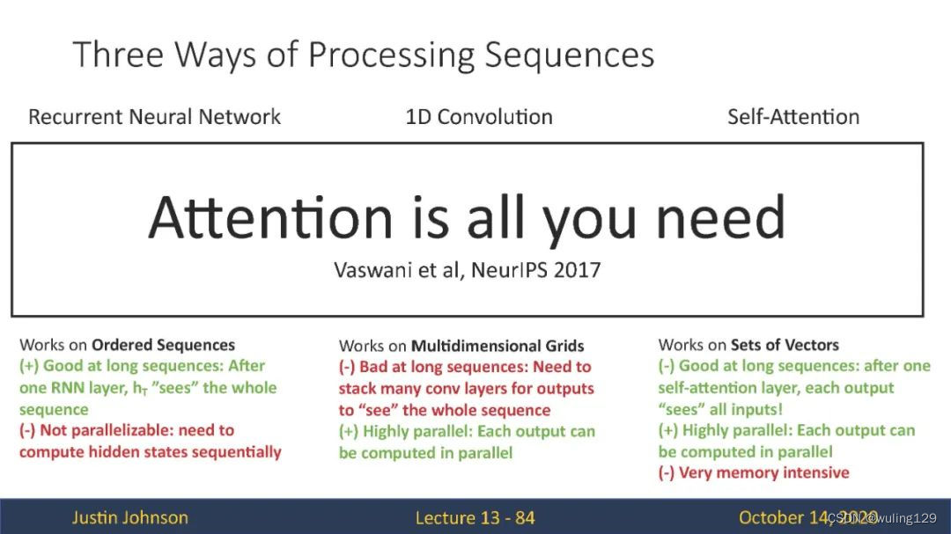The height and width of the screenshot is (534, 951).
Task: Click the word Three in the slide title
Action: coord(118,54)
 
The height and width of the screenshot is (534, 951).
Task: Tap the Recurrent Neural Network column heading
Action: coord(155,116)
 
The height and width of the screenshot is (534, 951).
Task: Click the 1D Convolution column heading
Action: coord(479,116)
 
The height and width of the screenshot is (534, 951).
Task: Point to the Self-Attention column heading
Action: coord(793,116)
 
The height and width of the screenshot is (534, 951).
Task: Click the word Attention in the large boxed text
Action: coord(270,217)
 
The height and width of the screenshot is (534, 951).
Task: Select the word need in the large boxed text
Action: coord(721,217)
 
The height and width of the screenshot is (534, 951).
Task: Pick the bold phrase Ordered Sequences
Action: coord(163,345)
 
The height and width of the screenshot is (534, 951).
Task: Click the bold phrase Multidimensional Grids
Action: coord(498,346)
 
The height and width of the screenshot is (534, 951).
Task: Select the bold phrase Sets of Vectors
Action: coord(785,345)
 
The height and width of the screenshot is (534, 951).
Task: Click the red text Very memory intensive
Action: coord(764,472)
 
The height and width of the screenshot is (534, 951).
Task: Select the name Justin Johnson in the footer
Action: coord(129,517)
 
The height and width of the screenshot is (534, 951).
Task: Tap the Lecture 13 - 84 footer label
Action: coord(475,517)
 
